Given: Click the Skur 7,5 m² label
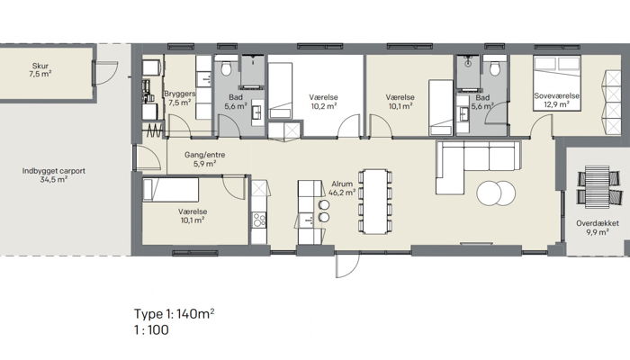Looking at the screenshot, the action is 40,70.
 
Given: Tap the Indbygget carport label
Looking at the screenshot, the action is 53,171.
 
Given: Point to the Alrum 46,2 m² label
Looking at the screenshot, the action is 342,188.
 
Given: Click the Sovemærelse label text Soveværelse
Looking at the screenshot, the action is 556,96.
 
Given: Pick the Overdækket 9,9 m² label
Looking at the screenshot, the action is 598,228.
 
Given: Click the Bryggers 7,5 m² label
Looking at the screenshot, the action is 180,98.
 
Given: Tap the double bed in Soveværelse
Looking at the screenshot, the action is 557,83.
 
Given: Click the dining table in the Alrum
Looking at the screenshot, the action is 375,202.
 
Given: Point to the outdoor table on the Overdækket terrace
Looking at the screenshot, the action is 598,186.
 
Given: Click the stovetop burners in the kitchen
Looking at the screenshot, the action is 259,220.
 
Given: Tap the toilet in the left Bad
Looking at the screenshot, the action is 226,68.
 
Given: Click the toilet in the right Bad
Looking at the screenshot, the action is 495,68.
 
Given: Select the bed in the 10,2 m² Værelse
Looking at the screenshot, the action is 280,90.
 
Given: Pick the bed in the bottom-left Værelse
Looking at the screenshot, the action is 171,190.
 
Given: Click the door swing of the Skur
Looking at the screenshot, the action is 106,73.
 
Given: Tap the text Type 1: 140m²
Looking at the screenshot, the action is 174,314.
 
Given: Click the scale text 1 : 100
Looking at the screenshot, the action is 151,330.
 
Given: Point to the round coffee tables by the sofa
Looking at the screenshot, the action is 496,193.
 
